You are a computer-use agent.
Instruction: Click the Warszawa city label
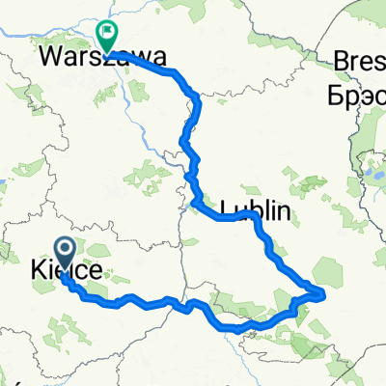pos(99,57)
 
